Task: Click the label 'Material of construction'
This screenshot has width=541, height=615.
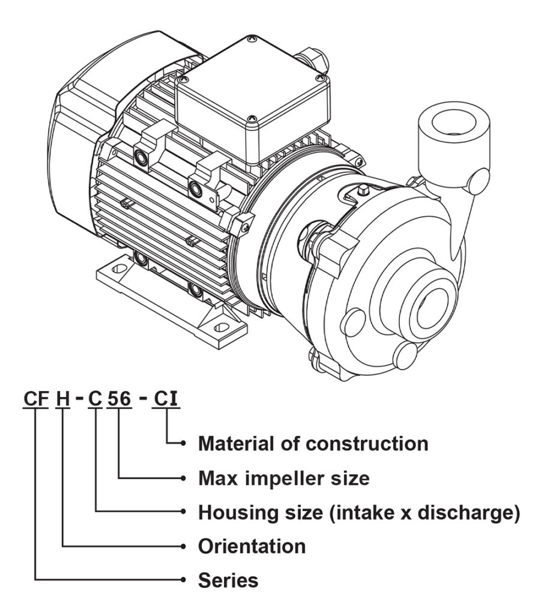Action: (x=313, y=444)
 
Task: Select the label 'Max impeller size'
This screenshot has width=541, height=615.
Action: (x=283, y=479)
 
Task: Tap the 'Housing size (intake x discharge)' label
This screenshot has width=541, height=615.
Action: (x=358, y=513)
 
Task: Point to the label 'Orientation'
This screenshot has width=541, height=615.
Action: (x=252, y=547)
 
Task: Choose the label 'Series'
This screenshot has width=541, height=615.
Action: (x=228, y=581)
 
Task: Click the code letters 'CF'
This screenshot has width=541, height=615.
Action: (x=35, y=398)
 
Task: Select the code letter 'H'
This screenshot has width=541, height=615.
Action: (x=63, y=398)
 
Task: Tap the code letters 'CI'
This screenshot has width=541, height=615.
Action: (x=166, y=398)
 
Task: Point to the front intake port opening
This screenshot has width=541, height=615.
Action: (x=430, y=307)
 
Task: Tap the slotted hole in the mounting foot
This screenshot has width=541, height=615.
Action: (x=223, y=328)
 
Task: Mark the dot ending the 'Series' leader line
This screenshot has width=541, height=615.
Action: (x=183, y=580)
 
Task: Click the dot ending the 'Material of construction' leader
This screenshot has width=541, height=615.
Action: (x=183, y=444)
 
